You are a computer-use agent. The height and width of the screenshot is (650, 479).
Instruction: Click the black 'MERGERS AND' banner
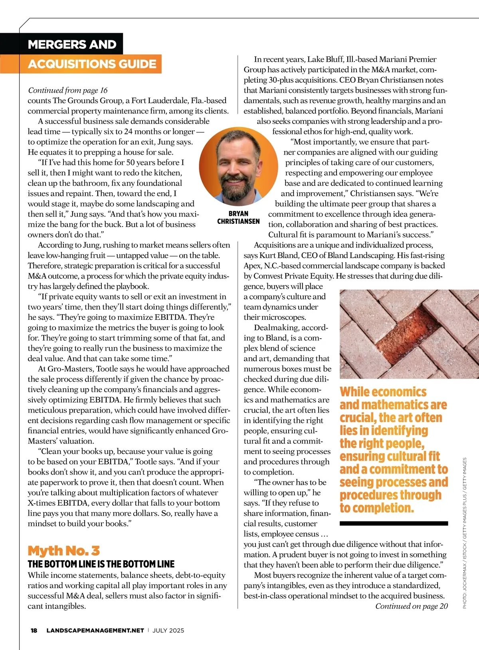pos(72,44)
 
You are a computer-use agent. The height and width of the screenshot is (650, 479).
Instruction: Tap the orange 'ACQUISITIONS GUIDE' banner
pos(92,64)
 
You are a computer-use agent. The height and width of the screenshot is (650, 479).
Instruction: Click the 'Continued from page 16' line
pos(67,90)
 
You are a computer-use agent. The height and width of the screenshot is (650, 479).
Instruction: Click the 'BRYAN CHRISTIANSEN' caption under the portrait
pos(238,217)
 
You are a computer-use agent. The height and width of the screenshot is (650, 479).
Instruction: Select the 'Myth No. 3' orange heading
pos(64,550)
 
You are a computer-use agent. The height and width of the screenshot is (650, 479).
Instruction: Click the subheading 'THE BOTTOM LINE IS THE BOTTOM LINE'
pos(101,564)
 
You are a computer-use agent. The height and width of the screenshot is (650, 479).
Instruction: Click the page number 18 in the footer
pos(34,630)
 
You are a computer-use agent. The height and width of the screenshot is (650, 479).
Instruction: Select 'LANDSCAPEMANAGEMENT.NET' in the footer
pos(95,630)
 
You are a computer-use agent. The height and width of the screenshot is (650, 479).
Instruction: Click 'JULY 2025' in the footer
pos(168,630)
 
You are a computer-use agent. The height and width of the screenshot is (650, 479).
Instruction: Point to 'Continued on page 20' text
pos(412,606)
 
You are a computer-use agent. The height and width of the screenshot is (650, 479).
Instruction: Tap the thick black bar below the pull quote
pos(394,523)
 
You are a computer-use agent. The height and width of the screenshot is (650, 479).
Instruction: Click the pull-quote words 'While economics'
pos(383,392)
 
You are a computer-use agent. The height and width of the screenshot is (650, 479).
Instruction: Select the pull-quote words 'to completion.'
pos(377,508)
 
